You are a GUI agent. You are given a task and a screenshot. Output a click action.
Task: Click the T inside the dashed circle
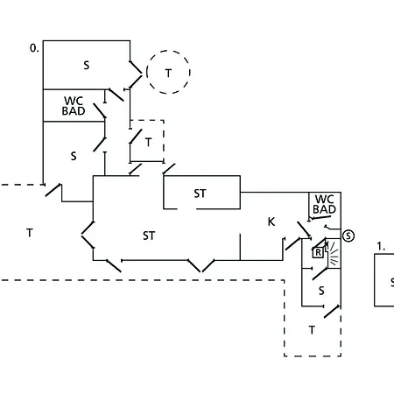(168, 74)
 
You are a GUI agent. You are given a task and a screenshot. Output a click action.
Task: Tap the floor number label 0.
(34, 48)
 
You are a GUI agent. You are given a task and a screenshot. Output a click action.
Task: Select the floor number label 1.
(381, 247)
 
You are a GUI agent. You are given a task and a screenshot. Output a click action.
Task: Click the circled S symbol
(348, 236)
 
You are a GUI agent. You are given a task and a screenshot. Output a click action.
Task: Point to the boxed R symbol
(318, 252)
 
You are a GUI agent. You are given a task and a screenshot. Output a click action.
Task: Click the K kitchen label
(271, 222)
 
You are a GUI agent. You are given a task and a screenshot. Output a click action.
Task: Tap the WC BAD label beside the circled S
(324, 204)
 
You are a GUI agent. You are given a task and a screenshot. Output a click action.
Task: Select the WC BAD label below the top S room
(74, 106)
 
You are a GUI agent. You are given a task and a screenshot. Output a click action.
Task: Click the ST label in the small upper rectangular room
(200, 193)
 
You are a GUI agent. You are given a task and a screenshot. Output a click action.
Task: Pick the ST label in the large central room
(149, 236)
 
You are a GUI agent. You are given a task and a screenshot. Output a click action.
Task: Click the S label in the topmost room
(87, 65)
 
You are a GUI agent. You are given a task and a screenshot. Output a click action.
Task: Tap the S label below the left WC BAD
(74, 156)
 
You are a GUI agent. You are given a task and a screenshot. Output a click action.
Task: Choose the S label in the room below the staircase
(321, 291)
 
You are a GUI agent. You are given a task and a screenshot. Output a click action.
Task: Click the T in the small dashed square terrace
(149, 143)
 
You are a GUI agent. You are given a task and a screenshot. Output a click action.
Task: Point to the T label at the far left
(30, 233)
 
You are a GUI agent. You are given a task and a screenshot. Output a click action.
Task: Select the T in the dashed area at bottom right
(312, 330)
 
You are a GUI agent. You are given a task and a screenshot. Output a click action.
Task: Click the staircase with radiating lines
(333, 253)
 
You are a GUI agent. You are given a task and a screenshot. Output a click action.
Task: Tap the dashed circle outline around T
(147, 72)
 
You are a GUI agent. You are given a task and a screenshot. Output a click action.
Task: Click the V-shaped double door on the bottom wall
(201, 265)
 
